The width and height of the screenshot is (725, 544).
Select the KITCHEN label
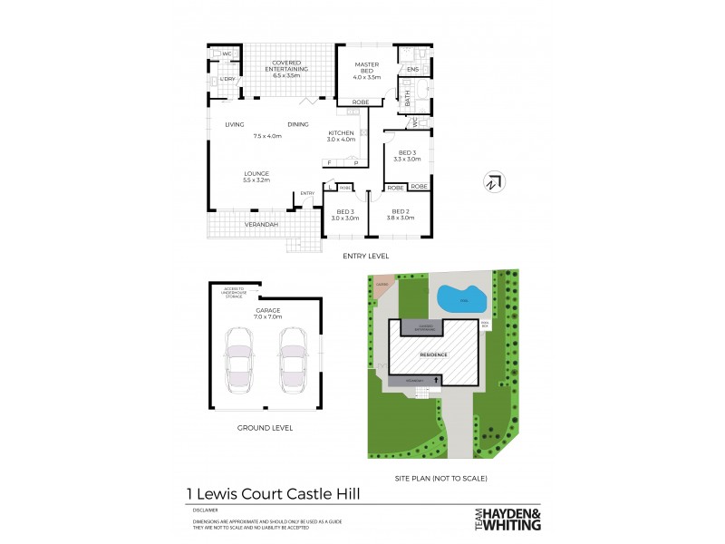341,136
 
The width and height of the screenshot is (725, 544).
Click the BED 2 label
401,214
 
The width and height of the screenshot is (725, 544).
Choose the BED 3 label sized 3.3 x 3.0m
406,155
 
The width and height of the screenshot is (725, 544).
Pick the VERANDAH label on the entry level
260,224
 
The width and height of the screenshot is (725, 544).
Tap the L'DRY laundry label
227,80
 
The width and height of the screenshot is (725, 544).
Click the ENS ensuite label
412,69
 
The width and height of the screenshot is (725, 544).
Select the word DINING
298,124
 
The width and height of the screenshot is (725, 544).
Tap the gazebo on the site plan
382,283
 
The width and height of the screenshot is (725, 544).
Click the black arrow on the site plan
438,381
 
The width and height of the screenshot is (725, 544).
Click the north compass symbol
493,180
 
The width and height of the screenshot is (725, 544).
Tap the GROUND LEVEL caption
264,427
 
